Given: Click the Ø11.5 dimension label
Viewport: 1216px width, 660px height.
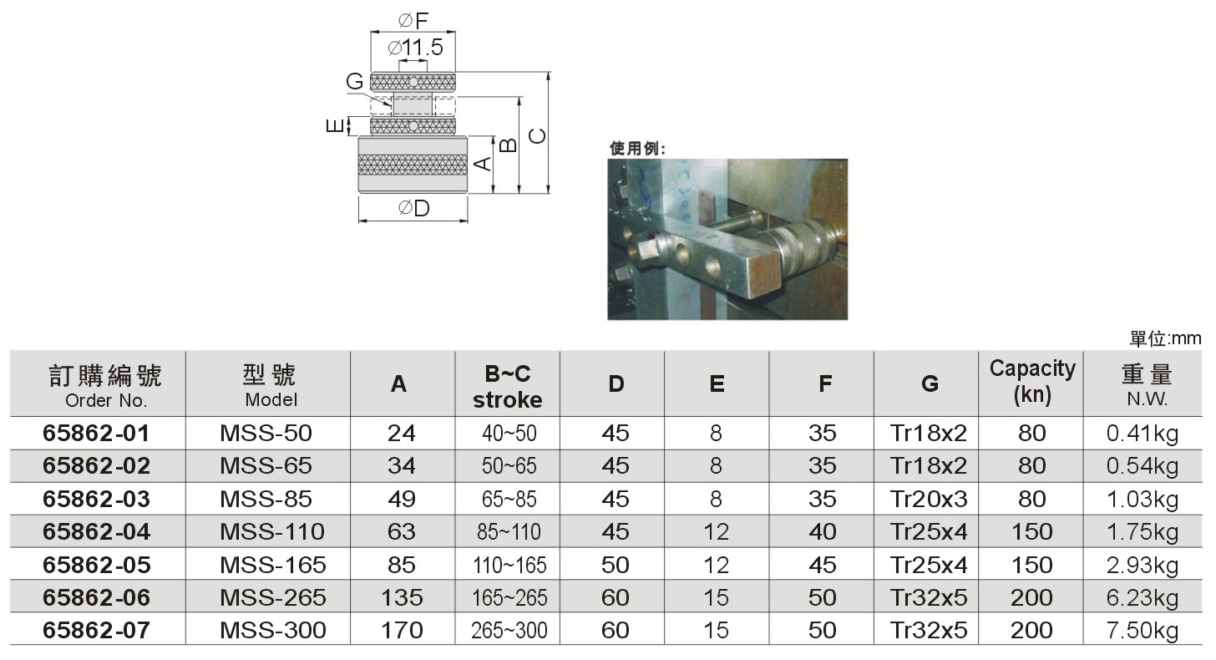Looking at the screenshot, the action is pyautogui.click(x=415, y=48).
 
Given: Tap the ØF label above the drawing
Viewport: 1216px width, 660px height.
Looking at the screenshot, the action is pyautogui.click(x=413, y=21).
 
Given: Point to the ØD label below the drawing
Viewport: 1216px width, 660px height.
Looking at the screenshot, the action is pyautogui.click(x=413, y=208).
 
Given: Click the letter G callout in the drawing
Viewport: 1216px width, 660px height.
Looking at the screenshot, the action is pyautogui.click(x=354, y=82).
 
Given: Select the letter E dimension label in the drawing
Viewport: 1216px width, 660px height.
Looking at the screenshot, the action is pyautogui.click(x=335, y=125).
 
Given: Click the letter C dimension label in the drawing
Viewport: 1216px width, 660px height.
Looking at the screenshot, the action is pyautogui.click(x=537, y=136).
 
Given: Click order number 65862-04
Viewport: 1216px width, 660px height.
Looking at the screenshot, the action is pyautogui.click(x=96, y=531).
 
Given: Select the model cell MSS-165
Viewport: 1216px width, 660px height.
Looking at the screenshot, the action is pyautogui.click(x=272, y=565).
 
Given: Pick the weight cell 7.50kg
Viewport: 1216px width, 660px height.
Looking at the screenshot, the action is pyautogui.click(x=1143, y=631).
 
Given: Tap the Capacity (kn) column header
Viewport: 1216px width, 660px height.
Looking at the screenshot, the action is pyautogui.click(x=1032, y=382).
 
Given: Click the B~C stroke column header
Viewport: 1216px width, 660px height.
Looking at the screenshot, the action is pyautogui.click(x=507, y=387).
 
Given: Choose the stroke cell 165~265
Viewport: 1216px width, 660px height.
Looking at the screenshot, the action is pyautogui.click(x=509, y=597).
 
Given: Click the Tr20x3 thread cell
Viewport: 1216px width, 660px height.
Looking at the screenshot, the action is pyautogui.click(x=929, y=499).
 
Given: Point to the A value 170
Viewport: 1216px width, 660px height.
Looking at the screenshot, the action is pyautogui.click(x=401, y=631).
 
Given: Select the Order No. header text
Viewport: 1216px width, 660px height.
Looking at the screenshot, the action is pyautogui.click(x=106, y=401).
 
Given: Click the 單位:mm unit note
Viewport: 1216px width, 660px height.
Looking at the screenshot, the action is pyautogui.click(x=1165, y=338).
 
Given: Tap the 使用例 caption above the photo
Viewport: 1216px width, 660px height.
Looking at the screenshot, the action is pyautogui.click(x=637, y=148).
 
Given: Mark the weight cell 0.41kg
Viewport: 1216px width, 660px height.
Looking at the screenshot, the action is pyautogui.click(x=1143, y=434).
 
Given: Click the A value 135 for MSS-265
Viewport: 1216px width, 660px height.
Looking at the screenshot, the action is pyautogui.click(x=401, y=597).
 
